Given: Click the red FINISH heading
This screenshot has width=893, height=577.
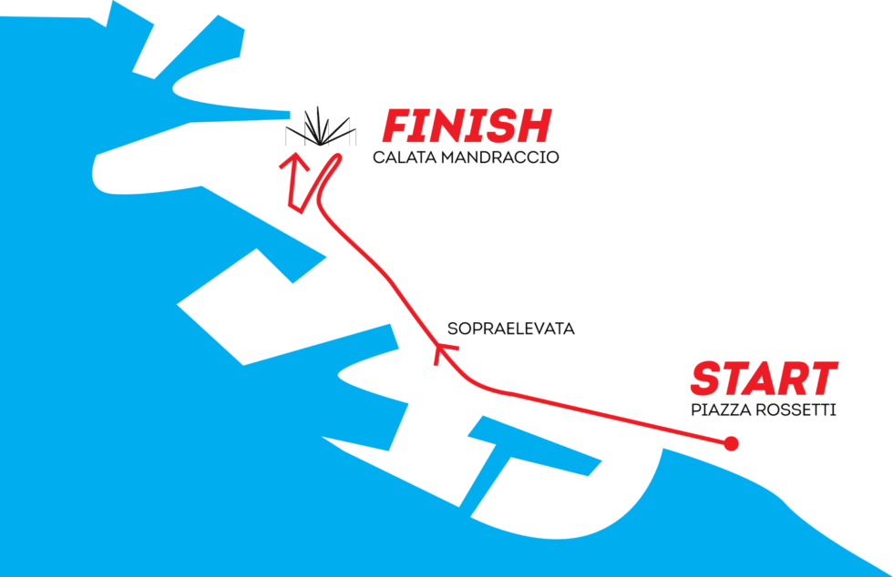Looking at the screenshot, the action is point(467,126).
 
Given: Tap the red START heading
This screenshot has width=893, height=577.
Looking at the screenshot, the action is point(765,379).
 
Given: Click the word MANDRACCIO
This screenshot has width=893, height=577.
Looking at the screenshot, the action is point(500,157).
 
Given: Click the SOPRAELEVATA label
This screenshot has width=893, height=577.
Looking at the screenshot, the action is point(511,329).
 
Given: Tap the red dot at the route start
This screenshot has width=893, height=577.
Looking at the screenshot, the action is point(731,443).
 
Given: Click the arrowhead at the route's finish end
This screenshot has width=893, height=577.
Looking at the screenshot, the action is point(293,162).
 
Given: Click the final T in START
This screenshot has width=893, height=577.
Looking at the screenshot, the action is point(822,379).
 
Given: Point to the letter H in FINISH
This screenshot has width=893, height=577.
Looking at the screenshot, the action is point(532,126).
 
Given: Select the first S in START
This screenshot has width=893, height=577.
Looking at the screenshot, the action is point(706,379).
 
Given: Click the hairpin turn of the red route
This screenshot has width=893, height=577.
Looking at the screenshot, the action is point(335,157).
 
